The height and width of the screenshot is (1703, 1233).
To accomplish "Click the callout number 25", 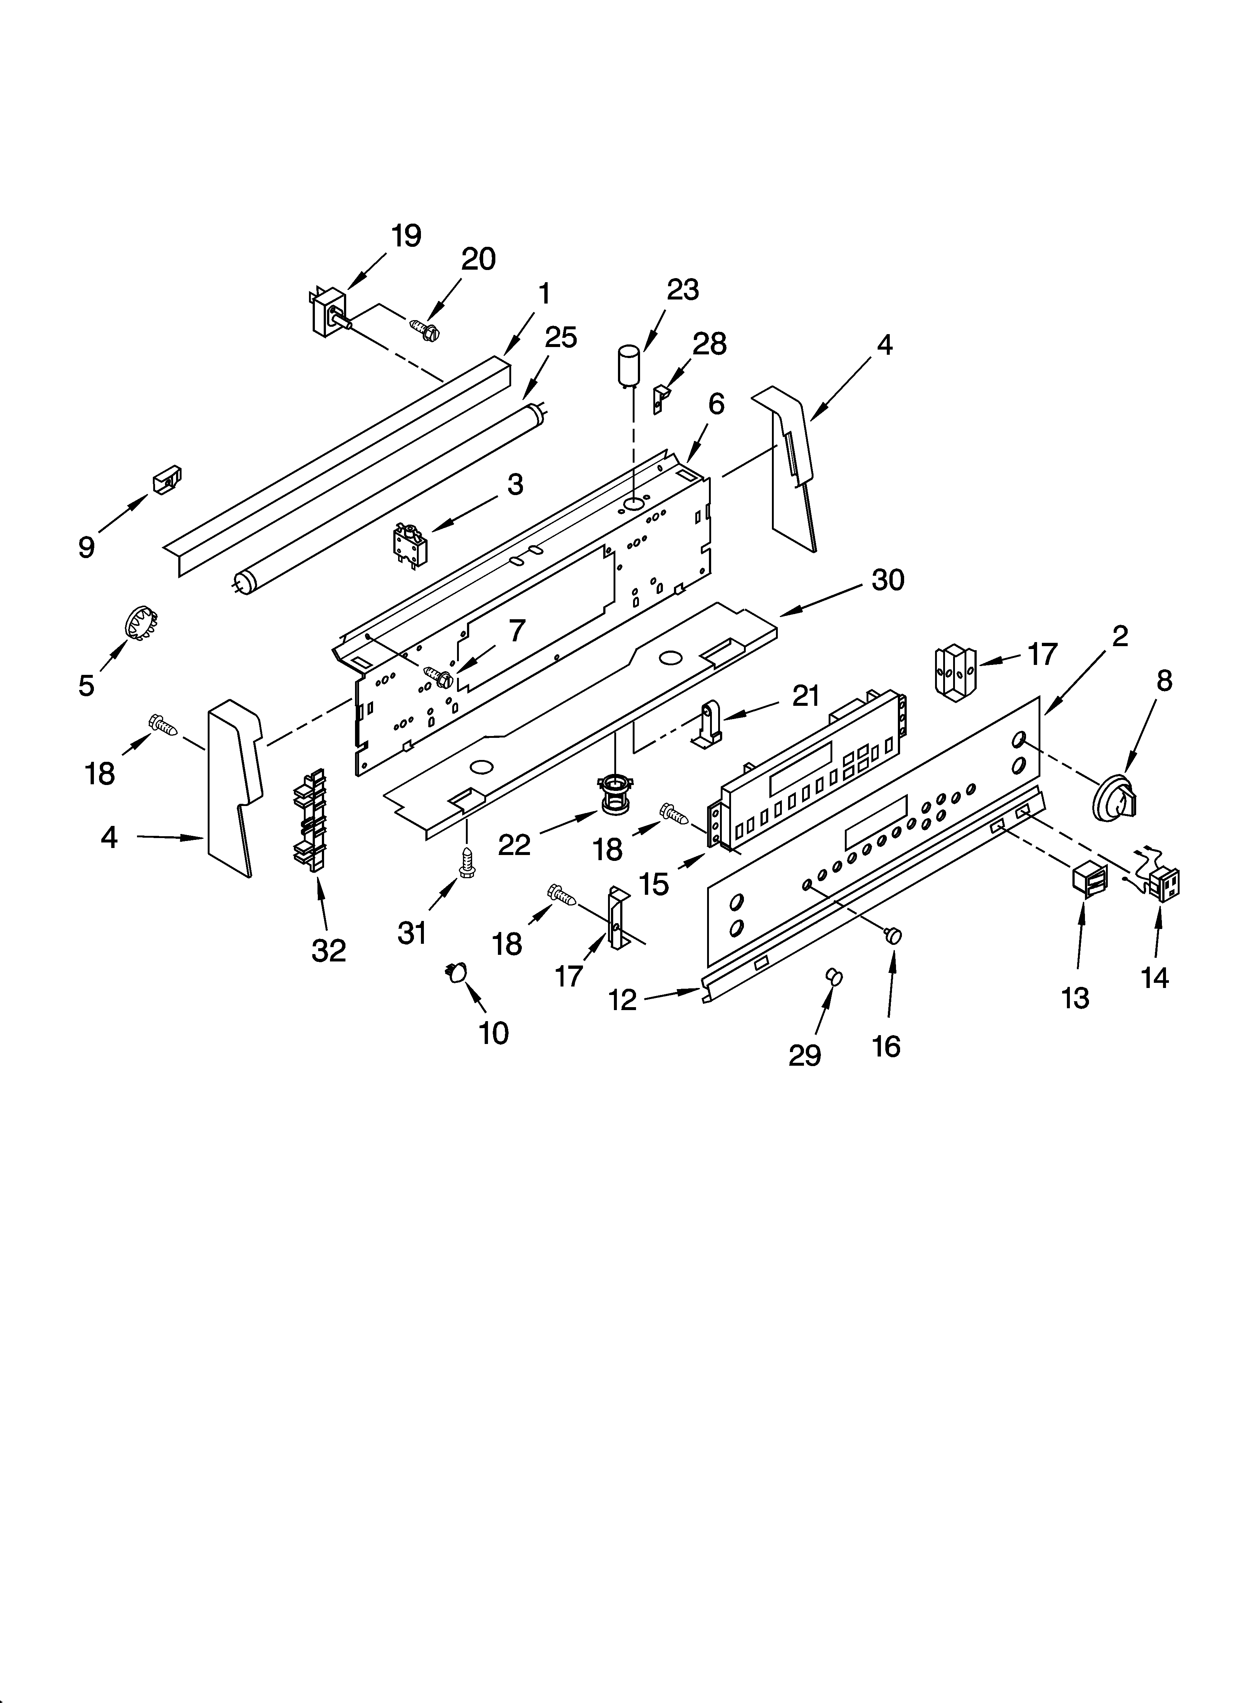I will [560, 338].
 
